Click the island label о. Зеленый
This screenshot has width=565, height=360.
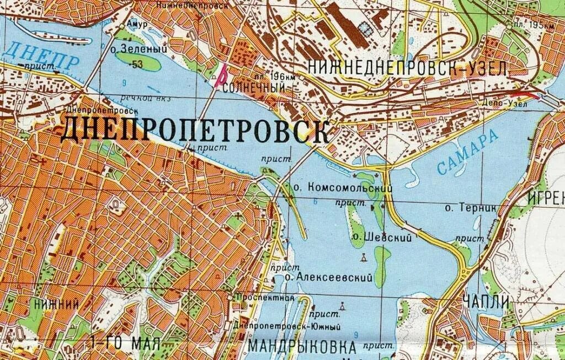coord(138,50)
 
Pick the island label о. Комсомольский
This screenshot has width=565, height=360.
coord(343,188)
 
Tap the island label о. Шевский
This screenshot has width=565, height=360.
coord(382,238)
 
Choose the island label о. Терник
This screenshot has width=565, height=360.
coord(471,208)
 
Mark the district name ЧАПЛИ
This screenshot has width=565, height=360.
coord(482,302)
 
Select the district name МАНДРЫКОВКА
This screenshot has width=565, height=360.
coord(302,347)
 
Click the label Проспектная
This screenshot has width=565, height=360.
coord(265,298)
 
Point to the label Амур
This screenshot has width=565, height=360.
coord(133,24)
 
